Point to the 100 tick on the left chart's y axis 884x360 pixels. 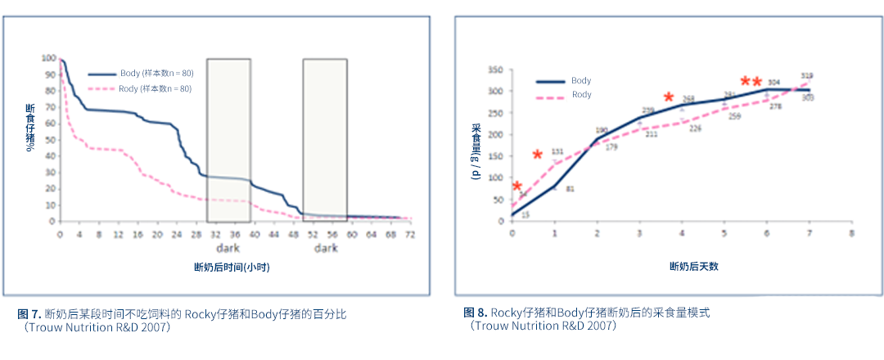point(48,59)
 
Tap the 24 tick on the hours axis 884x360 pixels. point(177,234)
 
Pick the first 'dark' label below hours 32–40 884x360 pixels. point(228,248)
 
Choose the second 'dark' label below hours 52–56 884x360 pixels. point(325,248)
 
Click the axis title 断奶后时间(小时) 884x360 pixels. point(232,268)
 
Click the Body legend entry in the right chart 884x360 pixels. point(581,81)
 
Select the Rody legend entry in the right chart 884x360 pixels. point(581,95)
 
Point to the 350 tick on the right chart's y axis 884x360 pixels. point(495,70)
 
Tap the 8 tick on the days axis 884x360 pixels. point(851,233)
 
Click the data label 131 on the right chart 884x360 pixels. point(557,152)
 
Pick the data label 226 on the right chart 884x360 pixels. point(695,128)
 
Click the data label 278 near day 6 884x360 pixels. point(775,106)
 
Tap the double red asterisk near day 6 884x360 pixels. point(751,82)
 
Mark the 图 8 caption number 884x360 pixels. point(475,313)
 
